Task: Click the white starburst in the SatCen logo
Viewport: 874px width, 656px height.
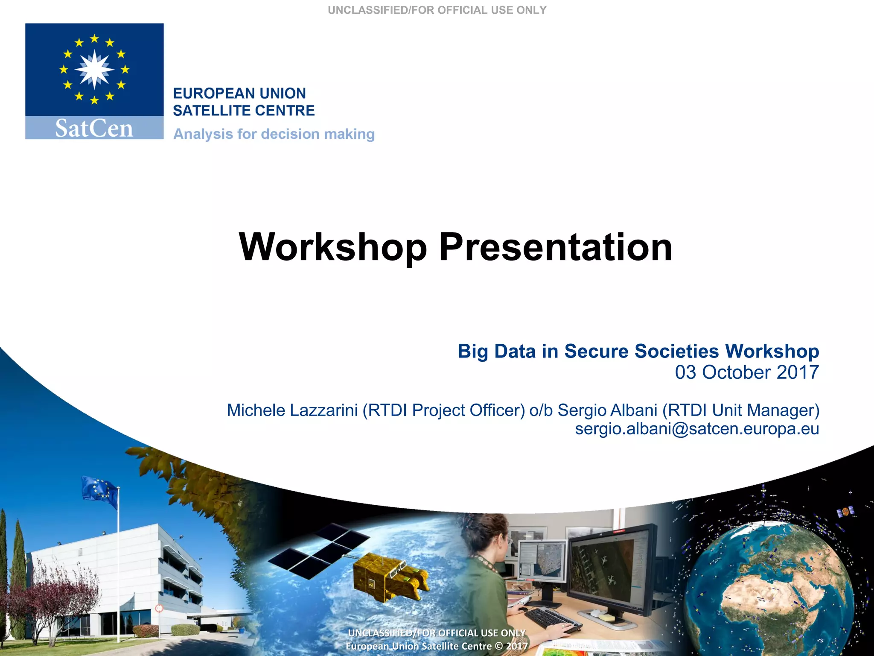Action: [94, 69]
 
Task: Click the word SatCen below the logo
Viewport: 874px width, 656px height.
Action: [94, 128]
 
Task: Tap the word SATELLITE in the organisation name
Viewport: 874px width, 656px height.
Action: [208, 111]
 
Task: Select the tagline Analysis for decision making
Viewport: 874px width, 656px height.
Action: [274, 134]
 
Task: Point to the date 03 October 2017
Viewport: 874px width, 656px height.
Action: [746, 372]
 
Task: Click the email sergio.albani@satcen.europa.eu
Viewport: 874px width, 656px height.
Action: [696, 429]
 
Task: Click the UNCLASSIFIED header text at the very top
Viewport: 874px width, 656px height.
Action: [437, 10]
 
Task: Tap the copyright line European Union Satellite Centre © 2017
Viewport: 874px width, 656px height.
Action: [437, 646]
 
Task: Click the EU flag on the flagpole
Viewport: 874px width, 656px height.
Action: [101, 492]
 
